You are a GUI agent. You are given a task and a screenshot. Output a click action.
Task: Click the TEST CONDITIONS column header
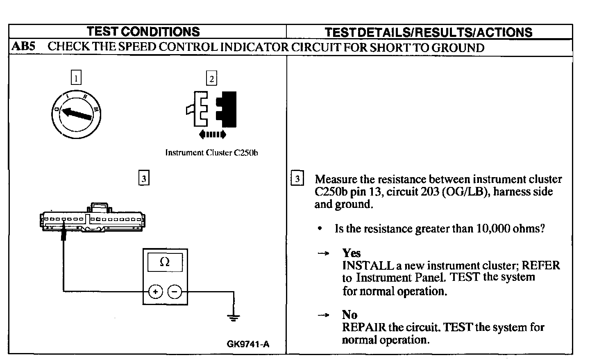pos(143,32)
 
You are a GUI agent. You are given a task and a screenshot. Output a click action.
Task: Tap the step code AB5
pos(23,46)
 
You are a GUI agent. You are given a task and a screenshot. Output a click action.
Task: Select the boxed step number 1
pos(76,77)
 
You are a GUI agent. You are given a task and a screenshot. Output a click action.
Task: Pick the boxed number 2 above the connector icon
pos(211,78)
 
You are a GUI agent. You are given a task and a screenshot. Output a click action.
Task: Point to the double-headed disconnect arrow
pos(212,134)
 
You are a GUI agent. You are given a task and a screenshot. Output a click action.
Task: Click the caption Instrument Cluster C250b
pos(211,153)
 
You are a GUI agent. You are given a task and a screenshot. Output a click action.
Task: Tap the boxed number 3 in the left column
pos(143,178)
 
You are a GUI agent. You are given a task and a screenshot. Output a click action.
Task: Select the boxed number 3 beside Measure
pos(297,179)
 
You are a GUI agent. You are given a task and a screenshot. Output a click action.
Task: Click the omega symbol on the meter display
pos(165,262)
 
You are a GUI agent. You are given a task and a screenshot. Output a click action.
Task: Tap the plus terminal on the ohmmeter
pos(155,292)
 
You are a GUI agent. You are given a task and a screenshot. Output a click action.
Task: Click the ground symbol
pos(234,317)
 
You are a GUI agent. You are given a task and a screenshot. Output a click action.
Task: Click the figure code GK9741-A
pos(248,344)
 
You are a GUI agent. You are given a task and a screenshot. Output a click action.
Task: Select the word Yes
pos(351,253)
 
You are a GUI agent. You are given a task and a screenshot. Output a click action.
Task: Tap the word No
pos(349,315)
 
